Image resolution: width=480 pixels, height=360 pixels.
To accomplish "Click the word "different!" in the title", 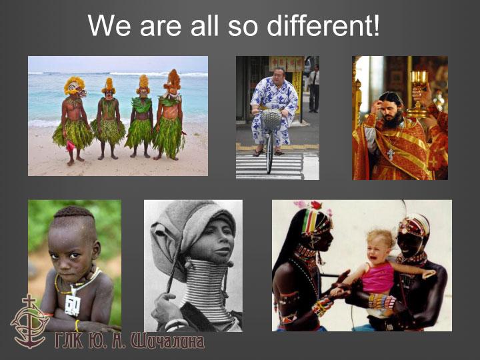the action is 323,25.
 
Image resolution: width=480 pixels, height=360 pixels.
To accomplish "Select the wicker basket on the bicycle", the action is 271,119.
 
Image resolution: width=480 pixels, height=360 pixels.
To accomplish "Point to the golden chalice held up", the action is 418,92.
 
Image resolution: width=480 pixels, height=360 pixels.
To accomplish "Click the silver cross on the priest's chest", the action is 390,154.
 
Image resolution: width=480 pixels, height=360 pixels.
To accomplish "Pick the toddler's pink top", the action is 377,277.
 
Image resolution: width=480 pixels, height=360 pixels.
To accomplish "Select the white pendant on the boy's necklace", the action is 73,305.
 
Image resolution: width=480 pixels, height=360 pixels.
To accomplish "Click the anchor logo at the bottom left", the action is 29,321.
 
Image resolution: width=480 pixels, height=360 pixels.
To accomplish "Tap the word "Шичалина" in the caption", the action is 167,341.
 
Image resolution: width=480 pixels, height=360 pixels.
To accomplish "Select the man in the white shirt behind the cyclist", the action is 314,89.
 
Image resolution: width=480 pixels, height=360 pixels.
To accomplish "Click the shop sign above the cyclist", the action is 286,64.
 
